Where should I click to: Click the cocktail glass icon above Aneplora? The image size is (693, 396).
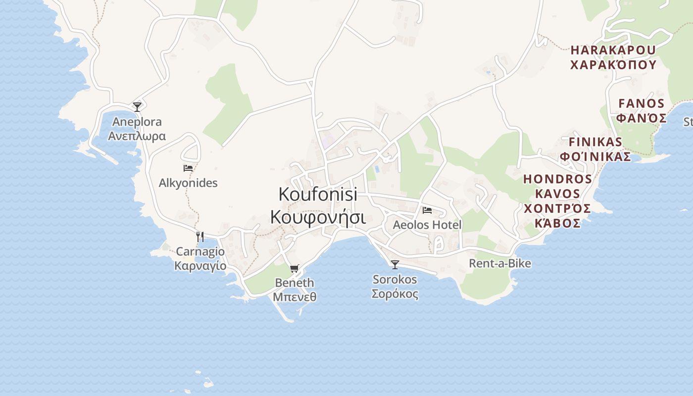pyautogui.click(x=137, y=106)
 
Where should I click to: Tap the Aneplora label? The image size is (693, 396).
pyautogui.click(x=137, y=122)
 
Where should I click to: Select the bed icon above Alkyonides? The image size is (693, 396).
pyautogui.click(x=188, y=168)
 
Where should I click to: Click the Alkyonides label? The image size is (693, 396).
pyautogui.click(x=188, y=183)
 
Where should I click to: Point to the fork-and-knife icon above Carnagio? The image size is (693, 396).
pyautogui.click(x=200, y=237)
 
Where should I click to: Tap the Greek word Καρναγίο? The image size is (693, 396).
pyautogui.click(x=200, y=266)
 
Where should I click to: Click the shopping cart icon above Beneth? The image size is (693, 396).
pyautogui.click(x=295, y=268)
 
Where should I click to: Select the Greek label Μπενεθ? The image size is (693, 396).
pyautogui.click(x=295, y=297)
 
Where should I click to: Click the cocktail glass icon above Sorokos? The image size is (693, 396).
pyautogui.click(x=395, y=265)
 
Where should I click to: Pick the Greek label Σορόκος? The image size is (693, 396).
pyautogui.click(x=395, y=294)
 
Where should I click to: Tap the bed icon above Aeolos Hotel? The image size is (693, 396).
pyautogui.click(x=427, y=210)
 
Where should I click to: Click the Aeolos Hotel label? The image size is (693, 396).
pyautogui.click(x=427, y=225)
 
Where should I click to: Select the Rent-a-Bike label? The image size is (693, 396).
pyautogui.click(x=500, y=263)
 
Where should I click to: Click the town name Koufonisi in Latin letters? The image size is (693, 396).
pyautogui.click(x=318, y=194)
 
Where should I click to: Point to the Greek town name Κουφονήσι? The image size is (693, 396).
pyautogui.click(x=318, y=218)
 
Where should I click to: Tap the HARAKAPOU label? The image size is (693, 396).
pyautogui.click(x=613, y=50)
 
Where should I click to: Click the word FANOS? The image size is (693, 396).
pyautogui.click(x=642, y=103)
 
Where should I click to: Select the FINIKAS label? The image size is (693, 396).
pyautogui.click(x=595, y=142)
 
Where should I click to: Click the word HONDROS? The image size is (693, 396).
pyautogui.click(x=558, y=179)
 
